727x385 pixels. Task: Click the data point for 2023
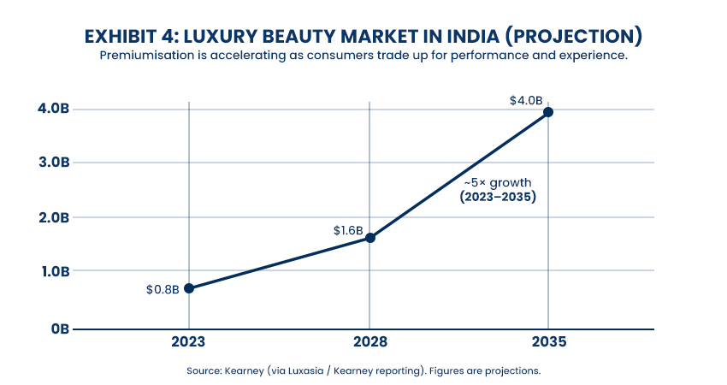click(189, 288)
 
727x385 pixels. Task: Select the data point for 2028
click(369, 237)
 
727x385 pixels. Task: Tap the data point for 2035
click(548, 112)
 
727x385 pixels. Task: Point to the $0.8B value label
click(163, 289)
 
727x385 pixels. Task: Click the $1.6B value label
click(348, 231)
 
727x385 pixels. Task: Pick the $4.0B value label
click(526, 100)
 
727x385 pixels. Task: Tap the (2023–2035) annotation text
click(497, 197)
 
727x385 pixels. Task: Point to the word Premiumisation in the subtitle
click(149, 56)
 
